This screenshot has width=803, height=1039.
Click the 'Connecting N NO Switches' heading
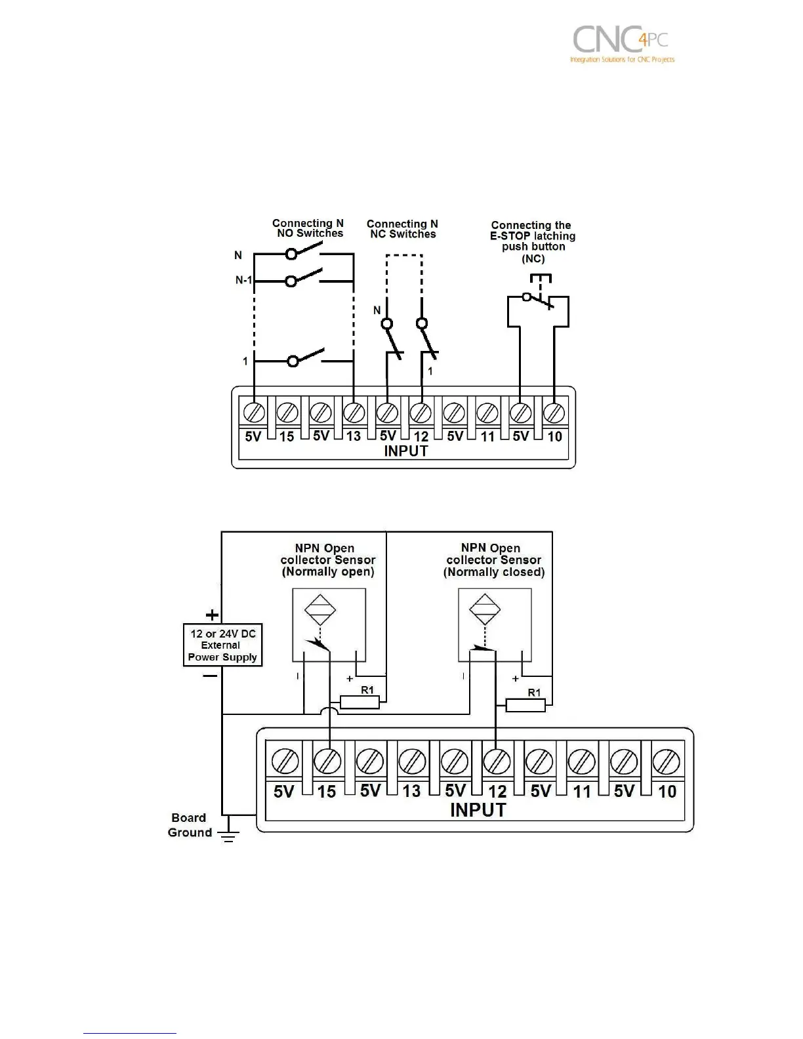[308, 228]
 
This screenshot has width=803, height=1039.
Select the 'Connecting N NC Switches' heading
[402, 229]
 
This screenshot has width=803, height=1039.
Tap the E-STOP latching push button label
[532, 241]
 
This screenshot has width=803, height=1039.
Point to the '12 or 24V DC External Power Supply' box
[222, 645]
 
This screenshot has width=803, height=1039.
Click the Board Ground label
[190, 825]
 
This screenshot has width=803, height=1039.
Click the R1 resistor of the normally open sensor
[360, 703]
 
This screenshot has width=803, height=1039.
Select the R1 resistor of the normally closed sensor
[525, 705]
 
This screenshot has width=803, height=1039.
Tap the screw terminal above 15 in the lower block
[327, 761]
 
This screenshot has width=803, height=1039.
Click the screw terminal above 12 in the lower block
[496, 761]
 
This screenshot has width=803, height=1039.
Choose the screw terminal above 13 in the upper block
[354, 412]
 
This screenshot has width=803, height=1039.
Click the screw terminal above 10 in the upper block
[554, 412]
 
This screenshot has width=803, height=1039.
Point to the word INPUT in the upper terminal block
[405, 451]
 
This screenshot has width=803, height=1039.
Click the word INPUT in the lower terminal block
[478, 810]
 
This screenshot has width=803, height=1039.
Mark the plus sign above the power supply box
[212, 615]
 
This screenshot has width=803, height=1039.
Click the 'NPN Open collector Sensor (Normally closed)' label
[493, 560]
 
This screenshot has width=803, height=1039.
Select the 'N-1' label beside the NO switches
[243, 281]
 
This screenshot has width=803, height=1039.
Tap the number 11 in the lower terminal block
[582, 792]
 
